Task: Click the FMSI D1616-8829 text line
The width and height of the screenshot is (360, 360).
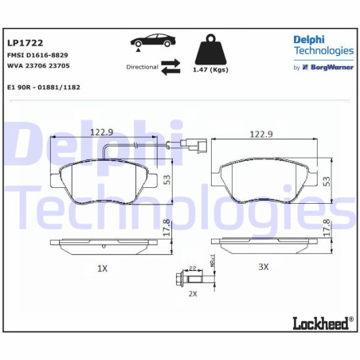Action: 37,56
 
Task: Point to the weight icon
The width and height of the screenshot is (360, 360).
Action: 208,51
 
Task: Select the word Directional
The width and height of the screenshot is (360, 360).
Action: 142,68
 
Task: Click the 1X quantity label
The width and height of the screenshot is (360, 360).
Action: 102,268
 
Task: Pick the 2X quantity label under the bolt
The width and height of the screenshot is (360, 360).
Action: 192,294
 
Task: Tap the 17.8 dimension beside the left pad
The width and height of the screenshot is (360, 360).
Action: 166,228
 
